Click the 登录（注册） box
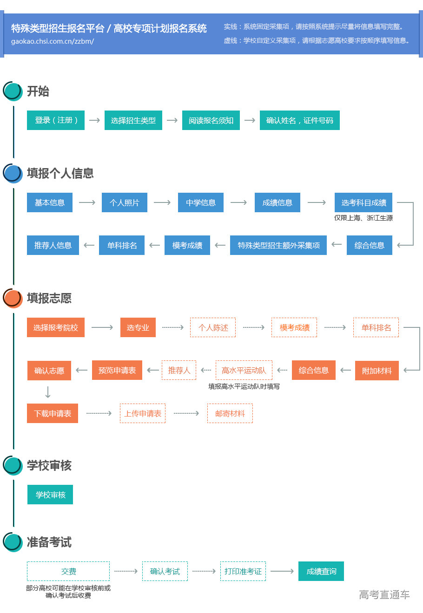pos(56,120)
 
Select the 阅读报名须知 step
pos(211,120)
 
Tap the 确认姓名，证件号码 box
pos(299,120)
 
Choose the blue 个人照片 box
pos(124,202)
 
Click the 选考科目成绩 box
pos(364,202)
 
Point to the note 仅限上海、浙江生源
pos(363,218)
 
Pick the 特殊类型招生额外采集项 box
pos(278,245)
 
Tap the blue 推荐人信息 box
pos(53,245)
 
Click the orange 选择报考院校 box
pos(56,327)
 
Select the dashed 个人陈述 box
pos(213,327)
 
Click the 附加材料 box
pos(377,371)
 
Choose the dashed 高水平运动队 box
pos(244,370)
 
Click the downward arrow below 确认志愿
pos(47,392)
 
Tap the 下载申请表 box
pos(53,413)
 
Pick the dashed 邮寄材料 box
pos(230,413)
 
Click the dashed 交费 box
pos(68,571)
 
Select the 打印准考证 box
pos(243,571)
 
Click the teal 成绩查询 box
pos(321,571)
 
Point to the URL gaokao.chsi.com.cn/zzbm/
pos(53,41)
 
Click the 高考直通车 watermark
pos(384,594)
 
